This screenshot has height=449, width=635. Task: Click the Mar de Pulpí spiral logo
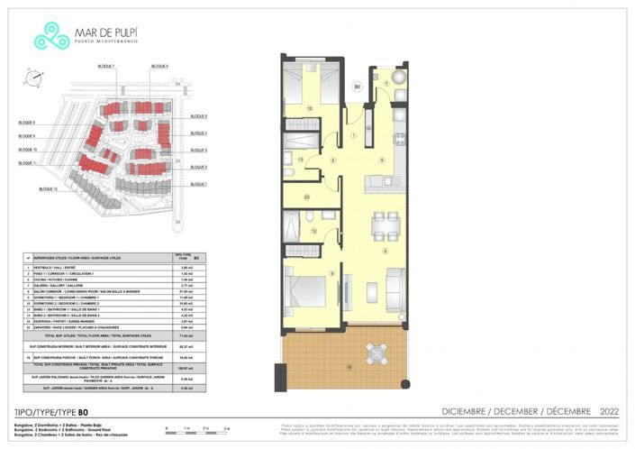(51, 36)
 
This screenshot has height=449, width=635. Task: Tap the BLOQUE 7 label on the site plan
(106, 67)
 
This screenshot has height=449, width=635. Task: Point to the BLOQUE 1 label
(198, 184)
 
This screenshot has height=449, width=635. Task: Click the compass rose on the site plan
(32, 80)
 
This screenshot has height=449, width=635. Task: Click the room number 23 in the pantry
(307, 197)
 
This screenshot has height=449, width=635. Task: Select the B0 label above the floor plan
(357, 87)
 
